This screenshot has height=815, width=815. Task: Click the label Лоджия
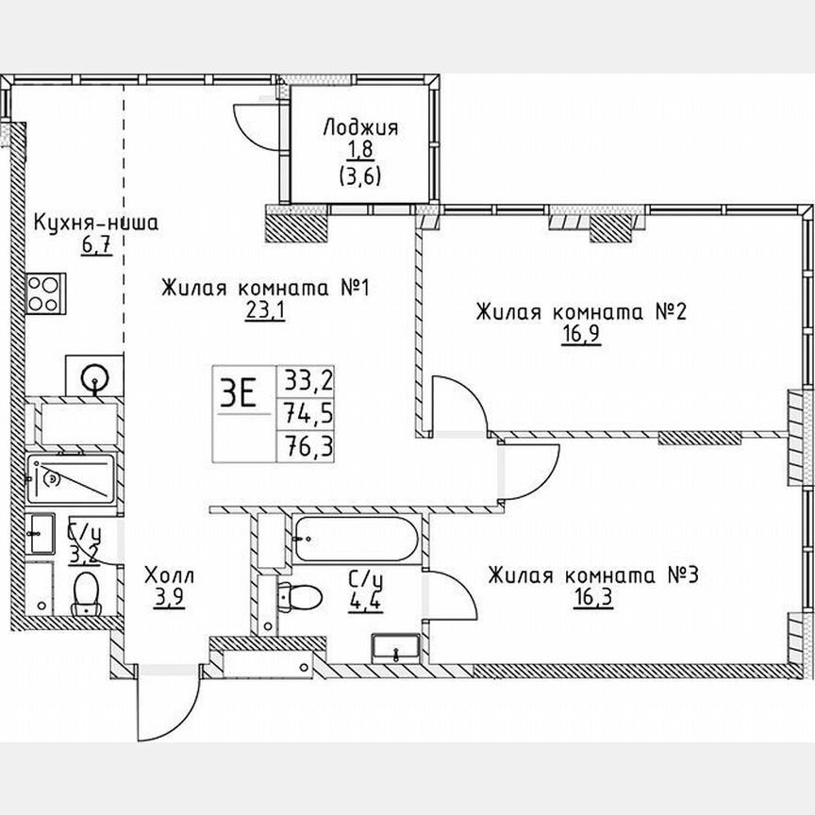point(359,128)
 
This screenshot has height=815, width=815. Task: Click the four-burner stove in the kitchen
point(43,291)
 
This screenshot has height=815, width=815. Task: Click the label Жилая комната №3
point(591,574)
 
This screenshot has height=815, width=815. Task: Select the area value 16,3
point(591,600)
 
